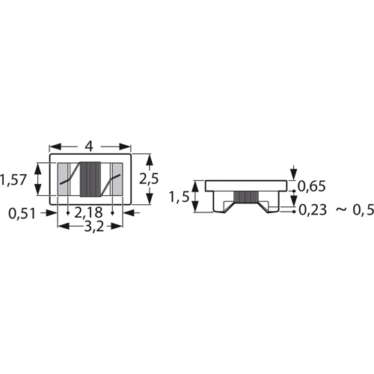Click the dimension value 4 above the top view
[x=89, y=147]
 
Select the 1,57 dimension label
[x=13, y=180]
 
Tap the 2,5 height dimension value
[x=149, y=179]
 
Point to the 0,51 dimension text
[x=22, y=214]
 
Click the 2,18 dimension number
[x=88, y=212]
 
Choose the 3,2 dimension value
[x=93, y=227]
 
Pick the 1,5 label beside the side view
[x=179, y=197]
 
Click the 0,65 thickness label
[x=312, y=186]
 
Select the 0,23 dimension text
[x=313, y=210]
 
